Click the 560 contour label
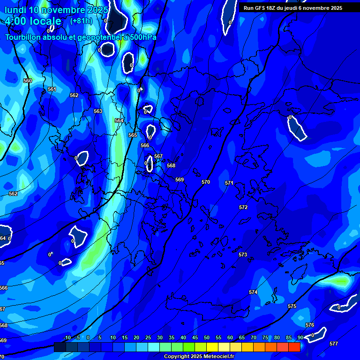[28, 81]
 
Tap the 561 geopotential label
[52, 89]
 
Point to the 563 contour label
[98, 111]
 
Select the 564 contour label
[119, 120]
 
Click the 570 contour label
[206, 182]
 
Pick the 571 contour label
[229, 183]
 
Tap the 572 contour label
[243, 207]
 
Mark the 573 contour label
[243, 255]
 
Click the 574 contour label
[253, 292]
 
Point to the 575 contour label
[292, 306]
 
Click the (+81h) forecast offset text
[81, 21]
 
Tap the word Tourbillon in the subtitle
[29, 37]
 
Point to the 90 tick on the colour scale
[300, 337]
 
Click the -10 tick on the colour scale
[67, 337]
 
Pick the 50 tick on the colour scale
[207, 337]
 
